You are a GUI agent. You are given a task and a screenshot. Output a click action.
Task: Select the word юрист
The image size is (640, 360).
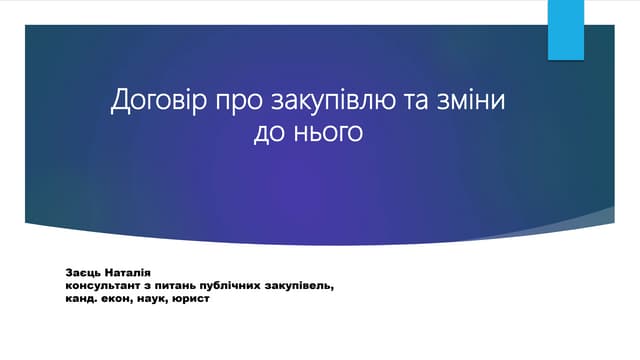coord(195,297)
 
